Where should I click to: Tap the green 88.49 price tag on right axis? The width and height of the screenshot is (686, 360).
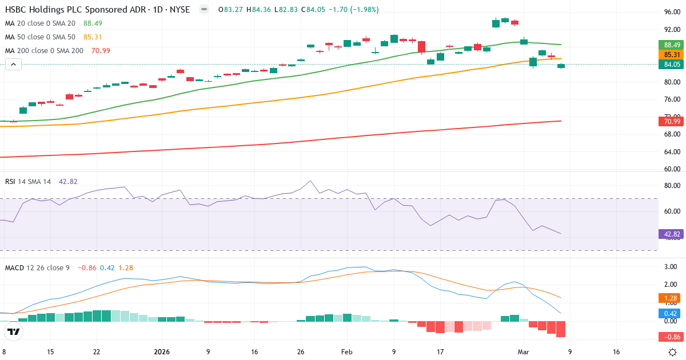pyautogui.click(x=672, y=45)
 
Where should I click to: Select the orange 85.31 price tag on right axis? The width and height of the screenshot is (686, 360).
pyautogui.click(x=672, y=55)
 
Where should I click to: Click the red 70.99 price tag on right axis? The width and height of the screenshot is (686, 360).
pyautogui.click(x=672, y=121)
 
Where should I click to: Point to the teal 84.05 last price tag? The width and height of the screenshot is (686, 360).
pyautogui.click(x=672, y=65)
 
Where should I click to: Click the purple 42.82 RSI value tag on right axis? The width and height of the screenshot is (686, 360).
pyautogui.click(x=672, y=234)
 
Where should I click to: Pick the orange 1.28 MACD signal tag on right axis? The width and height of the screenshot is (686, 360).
pyautogui.click(x=672, y=298)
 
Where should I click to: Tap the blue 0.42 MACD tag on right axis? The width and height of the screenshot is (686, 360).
pyautogui.click(x=672, y=313)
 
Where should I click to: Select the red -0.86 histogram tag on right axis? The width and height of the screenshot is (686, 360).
pyautogui.click(x=672, y=337)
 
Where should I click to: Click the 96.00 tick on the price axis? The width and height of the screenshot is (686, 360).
pyautogui.click(x=672, y=12)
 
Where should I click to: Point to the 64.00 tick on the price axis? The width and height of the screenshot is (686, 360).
pyautogui.click(x=672, y=152)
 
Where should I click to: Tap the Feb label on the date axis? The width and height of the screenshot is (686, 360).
pyautogui.click(x=347, y=352)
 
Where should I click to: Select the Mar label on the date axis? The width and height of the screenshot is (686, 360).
pyautogui.click(x=524, y=352)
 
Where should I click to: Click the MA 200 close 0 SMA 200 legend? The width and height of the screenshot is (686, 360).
pyautogui.click(x=44, y=50)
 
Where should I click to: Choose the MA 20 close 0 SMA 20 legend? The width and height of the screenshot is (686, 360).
pyautogui.click(x=40, y=23)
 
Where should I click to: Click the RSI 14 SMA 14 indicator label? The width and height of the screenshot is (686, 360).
pyautogui.click(x=28, y=182)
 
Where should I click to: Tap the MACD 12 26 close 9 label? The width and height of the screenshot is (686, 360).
pyautogui.click(x=37, y=267)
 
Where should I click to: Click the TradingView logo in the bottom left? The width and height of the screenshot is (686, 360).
pyautogui.click(x=14, y=331)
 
